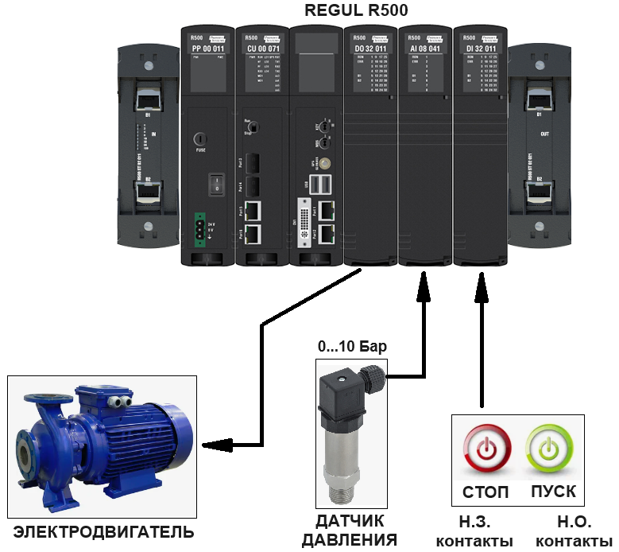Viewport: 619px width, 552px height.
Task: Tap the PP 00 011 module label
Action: [x=207, y=49]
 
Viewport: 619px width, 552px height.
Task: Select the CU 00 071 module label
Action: [x=261, y=49]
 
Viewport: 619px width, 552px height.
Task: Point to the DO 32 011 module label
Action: [x=369, y=49]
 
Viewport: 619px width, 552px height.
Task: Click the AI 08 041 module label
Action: [x=424, y=49]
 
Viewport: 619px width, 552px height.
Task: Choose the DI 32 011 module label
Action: [x=479, y=49]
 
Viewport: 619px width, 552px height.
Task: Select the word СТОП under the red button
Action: [x=485, y=492]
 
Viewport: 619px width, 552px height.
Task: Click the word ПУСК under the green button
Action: [x=553, y=492]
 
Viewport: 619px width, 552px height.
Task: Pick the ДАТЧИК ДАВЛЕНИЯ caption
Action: [x=350, y=531]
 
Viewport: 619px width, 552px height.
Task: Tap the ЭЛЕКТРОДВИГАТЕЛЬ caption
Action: [x=103, y=531]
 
